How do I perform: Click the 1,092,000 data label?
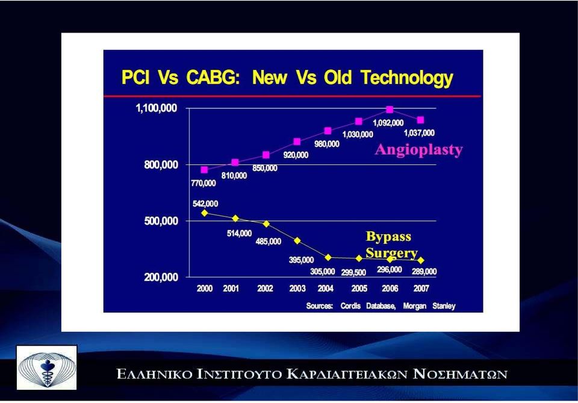(x=388, y=123)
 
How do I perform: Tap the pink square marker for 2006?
(x=390, y=110)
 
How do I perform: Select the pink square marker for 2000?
(x=204, y=170)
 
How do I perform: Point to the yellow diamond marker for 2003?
(x=297, y=241)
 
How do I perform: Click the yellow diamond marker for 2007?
(x=421, y=260)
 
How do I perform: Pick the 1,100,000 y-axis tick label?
(x=157, y=108)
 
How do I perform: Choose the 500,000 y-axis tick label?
(x=161, y=221)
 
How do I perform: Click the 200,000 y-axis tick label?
(x=161, y=277)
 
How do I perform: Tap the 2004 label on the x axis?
(x=326, y=289)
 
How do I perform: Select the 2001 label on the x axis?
(x=231, y=289)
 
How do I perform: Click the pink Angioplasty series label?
(x=419, y=150)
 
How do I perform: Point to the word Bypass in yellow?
(x=388, y=237)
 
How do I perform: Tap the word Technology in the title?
(x=407, y=78)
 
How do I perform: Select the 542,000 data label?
(x=205, y=204)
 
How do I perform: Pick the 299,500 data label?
(x=353, y=272)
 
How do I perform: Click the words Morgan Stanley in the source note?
(x=429, y=306)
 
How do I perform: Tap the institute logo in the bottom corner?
(x=47, y=367)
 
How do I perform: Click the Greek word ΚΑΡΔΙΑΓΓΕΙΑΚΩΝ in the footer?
(x=347, y=374)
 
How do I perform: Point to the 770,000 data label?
(x=203, y=183)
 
